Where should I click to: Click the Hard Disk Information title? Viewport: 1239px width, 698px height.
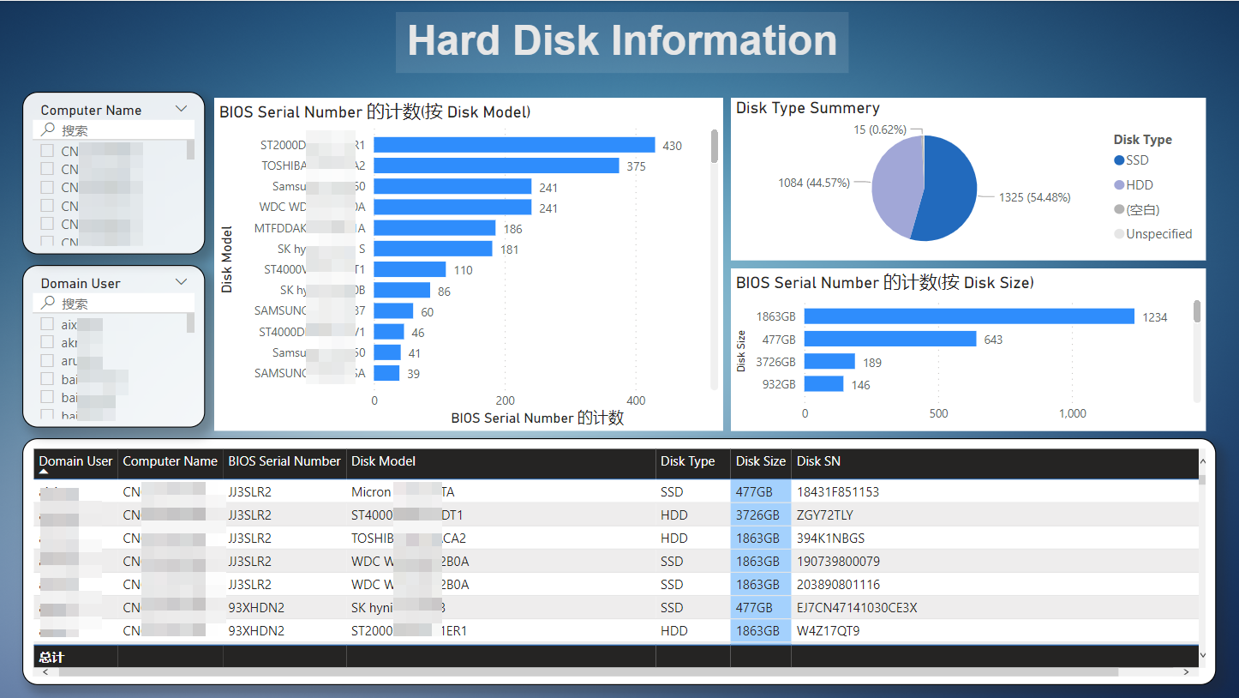click(x=621, y=41)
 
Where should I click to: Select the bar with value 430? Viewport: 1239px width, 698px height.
click(x=514, y=145)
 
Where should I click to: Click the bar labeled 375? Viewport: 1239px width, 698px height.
click(x=496, y=165)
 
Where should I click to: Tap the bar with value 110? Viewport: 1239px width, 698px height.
click(x=410, y=269)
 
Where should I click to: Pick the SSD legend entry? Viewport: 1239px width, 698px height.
click(x=1137, y=160)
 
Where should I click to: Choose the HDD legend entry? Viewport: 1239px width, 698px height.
click(x=1139, y=185)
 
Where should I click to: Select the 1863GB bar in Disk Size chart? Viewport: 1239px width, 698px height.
click(x=969, y=316)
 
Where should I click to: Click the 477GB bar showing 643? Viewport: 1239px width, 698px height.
click(x=890, y=340)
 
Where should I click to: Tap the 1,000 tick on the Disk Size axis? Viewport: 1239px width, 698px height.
click(x=1073, y=414)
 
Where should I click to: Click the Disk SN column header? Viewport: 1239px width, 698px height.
click(x=818, y=461)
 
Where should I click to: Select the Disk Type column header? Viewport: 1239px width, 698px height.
click(x=687, y=461)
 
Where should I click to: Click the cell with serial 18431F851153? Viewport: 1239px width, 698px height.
click(x=838, y=492)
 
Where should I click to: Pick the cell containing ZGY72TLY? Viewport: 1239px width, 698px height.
click(x=824, y=515)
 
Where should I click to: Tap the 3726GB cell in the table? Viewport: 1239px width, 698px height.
click(x=757, y=515)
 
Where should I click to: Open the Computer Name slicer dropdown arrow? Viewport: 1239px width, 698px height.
click(x=182, y=109)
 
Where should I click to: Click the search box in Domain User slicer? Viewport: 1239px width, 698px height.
click(x=120, y=304)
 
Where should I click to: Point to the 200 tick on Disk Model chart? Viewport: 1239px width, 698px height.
click(x=506, y=400)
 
